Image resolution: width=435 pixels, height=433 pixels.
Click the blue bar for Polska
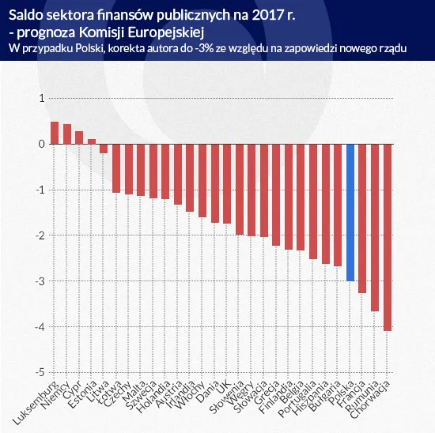pos(350,213)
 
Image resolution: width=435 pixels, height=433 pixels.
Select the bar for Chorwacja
pos(387,237)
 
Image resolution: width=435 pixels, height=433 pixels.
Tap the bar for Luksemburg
pos(55,133)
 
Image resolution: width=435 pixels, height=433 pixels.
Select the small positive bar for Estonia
pos(91,141)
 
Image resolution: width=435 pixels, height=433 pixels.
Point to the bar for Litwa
pos(104,149)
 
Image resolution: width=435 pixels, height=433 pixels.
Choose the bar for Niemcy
pos(67,134)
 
